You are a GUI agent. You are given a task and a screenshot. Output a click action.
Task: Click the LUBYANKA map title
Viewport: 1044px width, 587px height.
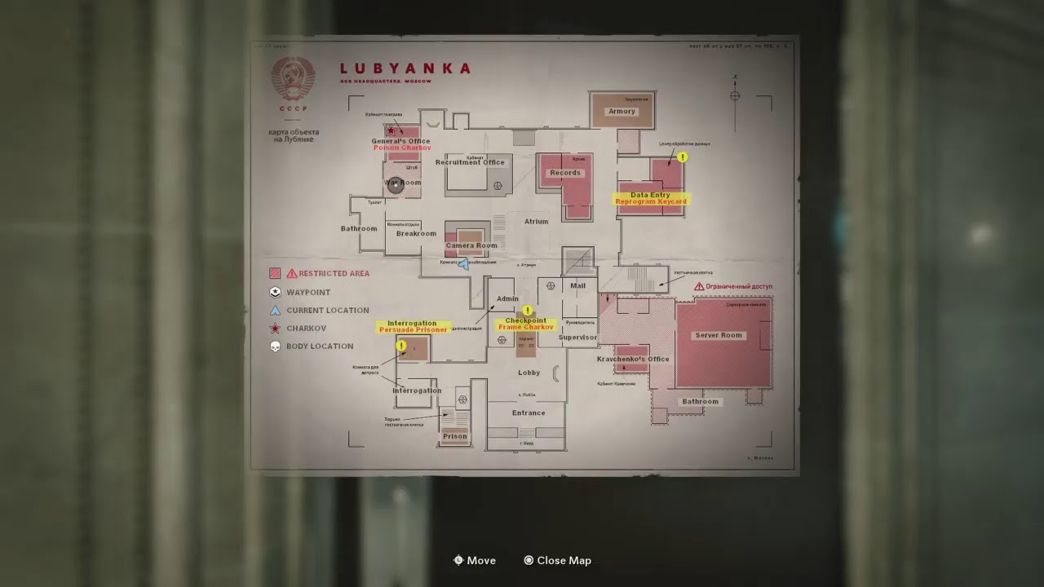pyautogui.click(x=405, y=68)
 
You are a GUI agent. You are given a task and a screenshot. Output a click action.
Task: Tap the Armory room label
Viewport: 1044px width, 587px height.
pyautogui.click(x=622, y=112)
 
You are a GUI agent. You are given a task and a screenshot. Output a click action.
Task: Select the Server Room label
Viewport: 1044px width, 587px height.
pyautogui.click(x=719, y=335)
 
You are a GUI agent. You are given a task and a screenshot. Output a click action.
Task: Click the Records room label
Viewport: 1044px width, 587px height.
pyautogui.click(x=565, y=173)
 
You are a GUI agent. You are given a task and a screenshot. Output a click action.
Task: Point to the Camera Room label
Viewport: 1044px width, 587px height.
pyautogui.click(x=471, y=245)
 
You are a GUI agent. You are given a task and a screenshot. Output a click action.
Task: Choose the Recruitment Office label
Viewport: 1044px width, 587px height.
pyautogui.click(x=470, y=162)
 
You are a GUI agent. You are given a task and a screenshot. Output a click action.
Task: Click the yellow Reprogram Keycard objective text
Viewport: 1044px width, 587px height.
pyautogui.click(x=651, y=201)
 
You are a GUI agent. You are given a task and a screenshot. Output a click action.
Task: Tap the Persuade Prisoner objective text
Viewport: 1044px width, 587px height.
pyautogui.click(x=413, y=330)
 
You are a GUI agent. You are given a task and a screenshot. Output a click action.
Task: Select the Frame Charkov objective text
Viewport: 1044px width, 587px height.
pyautogui.click(x=525, y=327)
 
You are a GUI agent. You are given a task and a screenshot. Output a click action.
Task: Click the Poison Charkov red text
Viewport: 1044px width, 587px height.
pyautogui.click(x=402, y=148)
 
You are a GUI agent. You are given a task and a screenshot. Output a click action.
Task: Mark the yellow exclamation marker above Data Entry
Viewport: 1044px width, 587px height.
pyautogui.click(x=683, y=157)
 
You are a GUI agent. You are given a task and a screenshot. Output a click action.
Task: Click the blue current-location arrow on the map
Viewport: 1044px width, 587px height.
pyautogui.click(x=464, y=264)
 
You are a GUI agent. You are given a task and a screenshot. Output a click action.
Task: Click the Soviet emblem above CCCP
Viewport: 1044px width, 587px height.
pyautogui.click(x=293, y=80)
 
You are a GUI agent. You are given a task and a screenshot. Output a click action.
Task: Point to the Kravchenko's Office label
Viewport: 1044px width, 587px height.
pyautogui.click(x=633, y=359)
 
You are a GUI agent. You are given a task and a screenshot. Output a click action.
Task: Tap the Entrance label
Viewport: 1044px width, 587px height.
pyautogui.click(x=529, y=413)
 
